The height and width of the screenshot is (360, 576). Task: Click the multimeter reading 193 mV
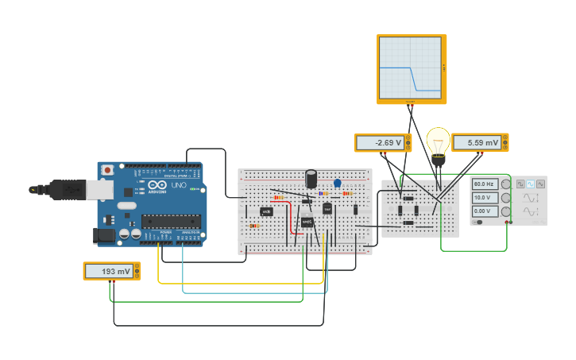pyautogui.click(x=111, y=271)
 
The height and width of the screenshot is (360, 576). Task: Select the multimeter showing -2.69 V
pyautogui.click(x=381, y=143)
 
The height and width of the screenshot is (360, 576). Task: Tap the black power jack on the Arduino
pyautogui.click(x=102, y=235)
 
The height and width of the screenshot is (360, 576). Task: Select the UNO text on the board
pyautogui.click(x=179, y=185)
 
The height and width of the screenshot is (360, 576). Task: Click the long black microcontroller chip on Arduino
pyautogui.click(x=171, y=221)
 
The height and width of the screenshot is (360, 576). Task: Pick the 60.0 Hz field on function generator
pyautogui.click(x=484, y=184)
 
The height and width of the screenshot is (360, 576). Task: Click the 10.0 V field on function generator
pyautogui.click(x=484, y=197)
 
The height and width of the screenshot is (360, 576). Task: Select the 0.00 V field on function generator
pyautogui.click(x=484, y=211)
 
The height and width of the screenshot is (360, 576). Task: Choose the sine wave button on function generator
pyautogui.click(x=531, y=184)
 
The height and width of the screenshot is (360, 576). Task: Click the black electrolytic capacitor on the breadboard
pyautogui.click(x=311, y=179)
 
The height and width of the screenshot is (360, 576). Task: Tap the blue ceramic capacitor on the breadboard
pyautogui.click(x=337, y=184)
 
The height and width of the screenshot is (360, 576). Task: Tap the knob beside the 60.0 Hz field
pyautogui.click(x=505, y=184)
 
